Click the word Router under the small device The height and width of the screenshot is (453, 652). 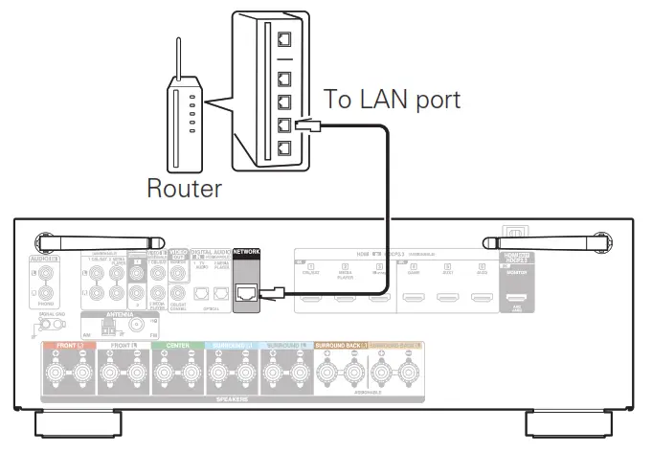coord(184,188)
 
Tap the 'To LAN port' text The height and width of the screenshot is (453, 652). coord(393,99)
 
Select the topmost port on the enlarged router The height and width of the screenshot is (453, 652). coord(283,39)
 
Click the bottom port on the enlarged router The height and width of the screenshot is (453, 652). coord(283,148)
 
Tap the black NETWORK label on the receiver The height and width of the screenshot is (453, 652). coord(247,252)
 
